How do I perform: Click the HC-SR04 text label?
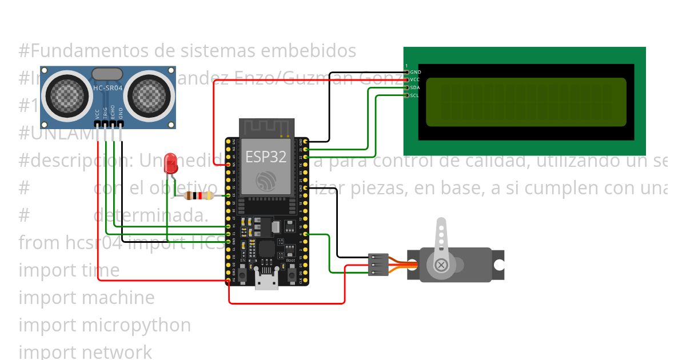(107, 88)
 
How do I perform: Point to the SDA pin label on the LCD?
(415, 87)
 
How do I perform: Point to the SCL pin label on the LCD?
(415, 95)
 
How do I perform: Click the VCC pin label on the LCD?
(415, 79)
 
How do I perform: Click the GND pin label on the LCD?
(416, 72)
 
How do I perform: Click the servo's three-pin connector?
(379, 265)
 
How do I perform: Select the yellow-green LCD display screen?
(526, 102)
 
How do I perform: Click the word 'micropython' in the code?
(136, 325)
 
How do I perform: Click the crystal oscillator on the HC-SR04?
(106, 74)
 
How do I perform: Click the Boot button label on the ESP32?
(290, 261)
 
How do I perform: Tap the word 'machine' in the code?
(118, 297)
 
